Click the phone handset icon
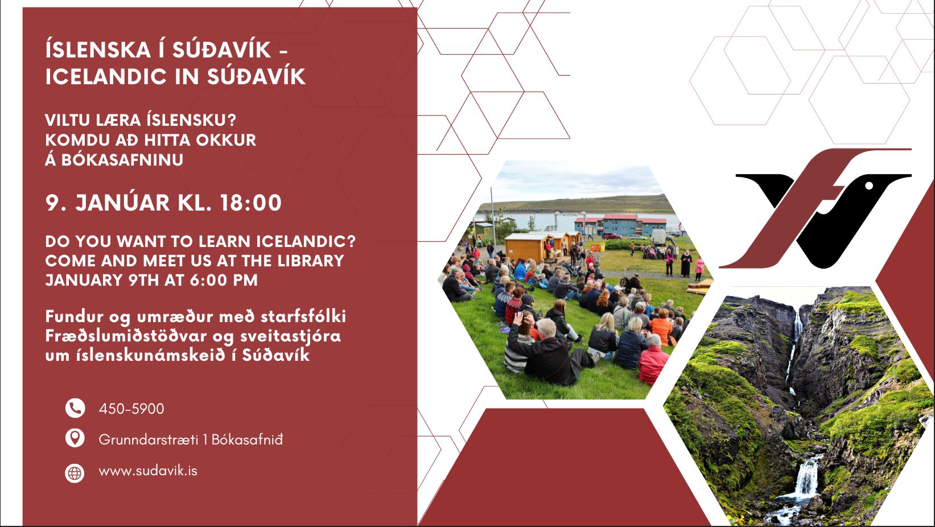click(x=75, y=408)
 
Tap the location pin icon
click(x=75, y=438)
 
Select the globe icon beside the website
click(x=75, y=473)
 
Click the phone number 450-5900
click(x=131, y=409)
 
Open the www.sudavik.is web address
click(x=148, y=471)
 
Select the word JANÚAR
click(x=122, y=203)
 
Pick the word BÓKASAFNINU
click(x=122, y=159)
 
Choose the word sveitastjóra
click(x=291, y=336)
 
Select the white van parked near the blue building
click(x=658, y=237)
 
